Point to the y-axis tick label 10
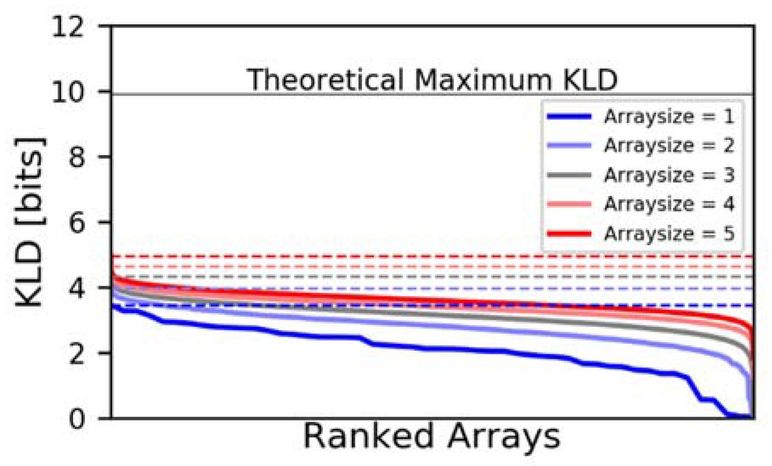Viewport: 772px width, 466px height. coord(68,92)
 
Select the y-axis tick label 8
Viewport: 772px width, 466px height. coord(76,157)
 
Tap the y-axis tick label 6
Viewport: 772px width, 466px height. coord(76,223)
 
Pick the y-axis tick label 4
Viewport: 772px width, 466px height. coord(76,288)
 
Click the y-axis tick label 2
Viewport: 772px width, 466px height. coord(76,353)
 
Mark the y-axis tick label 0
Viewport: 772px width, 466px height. coord(76,419)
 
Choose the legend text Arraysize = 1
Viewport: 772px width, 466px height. coord(669,117)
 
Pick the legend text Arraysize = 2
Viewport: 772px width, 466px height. coord(669,146)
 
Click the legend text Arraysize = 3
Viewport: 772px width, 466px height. coord(669,175)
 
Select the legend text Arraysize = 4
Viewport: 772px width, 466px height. coord(669,204)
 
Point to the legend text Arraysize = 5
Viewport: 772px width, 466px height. coord(669,234)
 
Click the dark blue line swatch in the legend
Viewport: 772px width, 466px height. coord(569,117)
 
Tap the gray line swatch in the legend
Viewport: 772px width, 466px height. coord(569,175)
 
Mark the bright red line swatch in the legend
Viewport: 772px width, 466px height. coord(569,234)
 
